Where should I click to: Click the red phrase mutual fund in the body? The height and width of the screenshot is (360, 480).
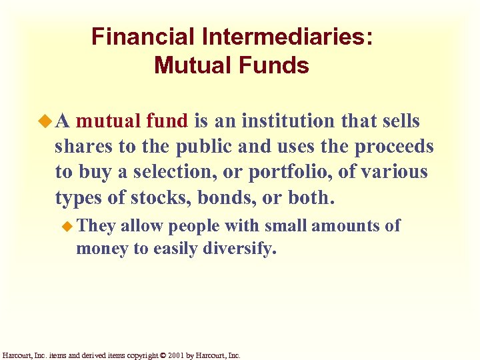click(x=133, y=121)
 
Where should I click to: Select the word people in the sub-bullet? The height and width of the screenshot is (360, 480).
click(x=194, y=226)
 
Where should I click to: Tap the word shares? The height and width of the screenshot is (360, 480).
click(x=82, y=147)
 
